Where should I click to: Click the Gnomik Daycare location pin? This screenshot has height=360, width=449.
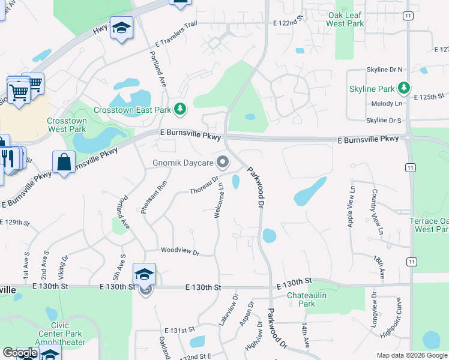223,163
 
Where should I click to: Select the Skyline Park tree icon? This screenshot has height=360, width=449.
405,89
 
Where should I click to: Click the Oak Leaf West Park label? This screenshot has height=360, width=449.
345,19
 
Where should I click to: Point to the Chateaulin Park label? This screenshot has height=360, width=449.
301,299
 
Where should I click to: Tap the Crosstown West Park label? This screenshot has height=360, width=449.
67,125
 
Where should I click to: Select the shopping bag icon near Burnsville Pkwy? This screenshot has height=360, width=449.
64,163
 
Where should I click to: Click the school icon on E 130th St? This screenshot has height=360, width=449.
145,274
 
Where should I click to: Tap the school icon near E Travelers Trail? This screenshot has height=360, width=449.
121,29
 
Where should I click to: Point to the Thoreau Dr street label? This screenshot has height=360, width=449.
205,185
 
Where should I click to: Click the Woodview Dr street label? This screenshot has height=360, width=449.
179,251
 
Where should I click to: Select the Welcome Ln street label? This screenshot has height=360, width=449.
220,200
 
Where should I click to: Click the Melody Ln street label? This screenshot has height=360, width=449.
387,104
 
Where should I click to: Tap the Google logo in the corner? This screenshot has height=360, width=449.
20,353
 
